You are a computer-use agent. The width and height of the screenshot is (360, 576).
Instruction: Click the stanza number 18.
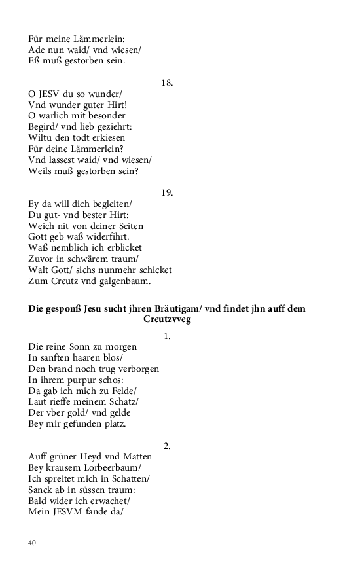[x=167, y=83]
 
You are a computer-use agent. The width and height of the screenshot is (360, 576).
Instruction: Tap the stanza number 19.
[x=167, y=193]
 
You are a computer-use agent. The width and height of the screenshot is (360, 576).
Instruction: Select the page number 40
[x=32, y=542]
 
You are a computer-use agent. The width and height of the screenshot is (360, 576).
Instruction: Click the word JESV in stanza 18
[x=50, y=94]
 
